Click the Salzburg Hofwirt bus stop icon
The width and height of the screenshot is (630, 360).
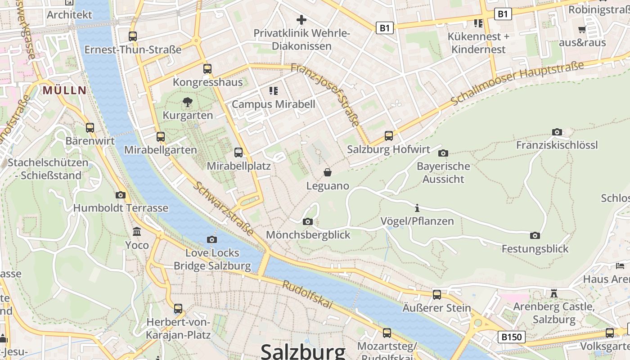coord(389,135)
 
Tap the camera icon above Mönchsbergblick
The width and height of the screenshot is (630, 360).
coord(308,221)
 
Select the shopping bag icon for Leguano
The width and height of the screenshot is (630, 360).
coord(328,172)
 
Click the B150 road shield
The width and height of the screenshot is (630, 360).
coord(512,337)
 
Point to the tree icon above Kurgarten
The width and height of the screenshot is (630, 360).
coord(188,102)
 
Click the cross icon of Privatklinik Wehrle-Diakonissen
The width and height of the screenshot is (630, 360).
coord(301,20)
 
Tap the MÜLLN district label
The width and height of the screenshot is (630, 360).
coord(64,90)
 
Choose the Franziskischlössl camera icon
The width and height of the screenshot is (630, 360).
coord(557,132)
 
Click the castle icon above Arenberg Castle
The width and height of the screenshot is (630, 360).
coord(554,293)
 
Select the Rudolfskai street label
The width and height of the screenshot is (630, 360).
coord(308,295)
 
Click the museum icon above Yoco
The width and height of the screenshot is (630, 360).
coord(137,232)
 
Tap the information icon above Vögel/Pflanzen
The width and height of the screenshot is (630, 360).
coord(417,208)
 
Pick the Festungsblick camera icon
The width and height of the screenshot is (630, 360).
coord(535,235)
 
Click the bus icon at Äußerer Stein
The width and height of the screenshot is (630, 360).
coord(436,295)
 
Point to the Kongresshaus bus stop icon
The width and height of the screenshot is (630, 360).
coord(207,69)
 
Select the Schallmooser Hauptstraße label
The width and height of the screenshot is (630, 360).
coord(517,84)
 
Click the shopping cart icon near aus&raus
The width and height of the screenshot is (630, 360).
coord(582,30)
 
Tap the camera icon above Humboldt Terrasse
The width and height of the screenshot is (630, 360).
coord(120,195)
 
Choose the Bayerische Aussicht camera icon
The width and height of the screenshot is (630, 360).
coord(443,153)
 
